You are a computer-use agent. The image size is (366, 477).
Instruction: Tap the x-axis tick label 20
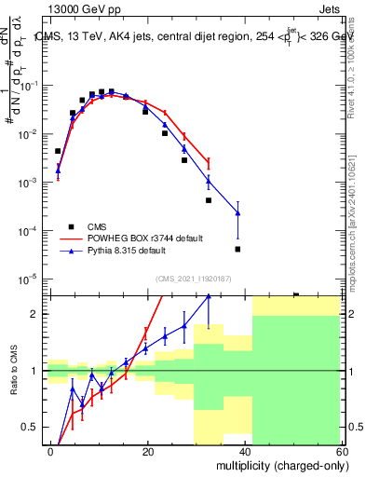click(147, 450)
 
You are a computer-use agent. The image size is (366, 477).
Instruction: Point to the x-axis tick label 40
click(245, 450)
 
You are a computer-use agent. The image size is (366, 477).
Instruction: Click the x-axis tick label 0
click(50, 450)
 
